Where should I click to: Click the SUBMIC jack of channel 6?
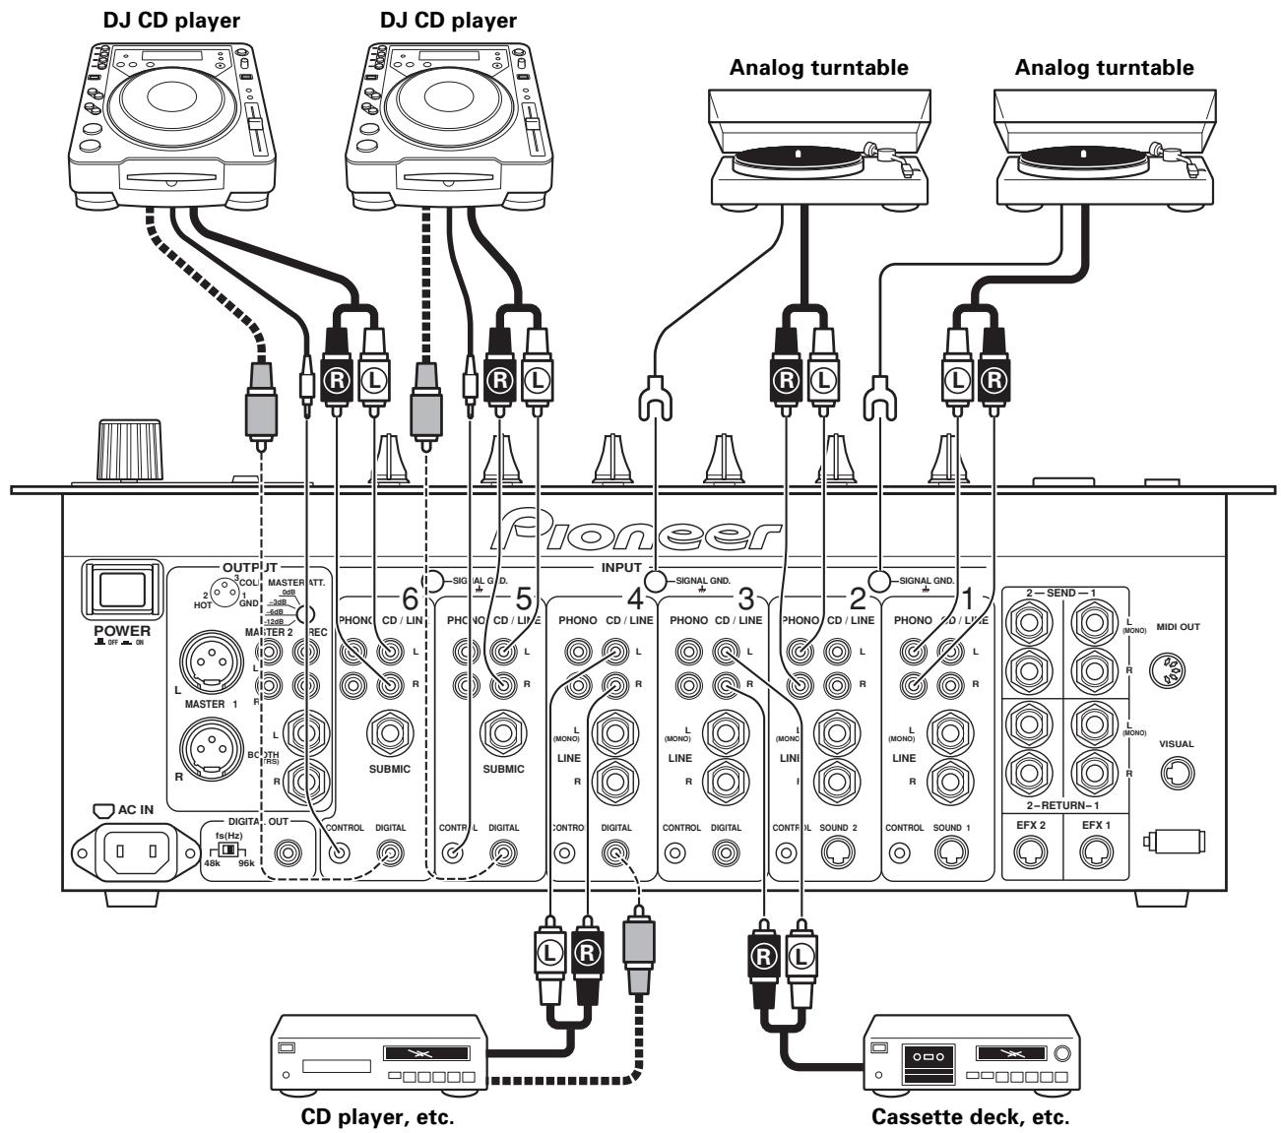click(x=390, y=734)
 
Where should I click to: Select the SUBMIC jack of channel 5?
click(x=503, y=734)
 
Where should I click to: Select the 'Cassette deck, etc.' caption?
click(x=970, y=1118)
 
